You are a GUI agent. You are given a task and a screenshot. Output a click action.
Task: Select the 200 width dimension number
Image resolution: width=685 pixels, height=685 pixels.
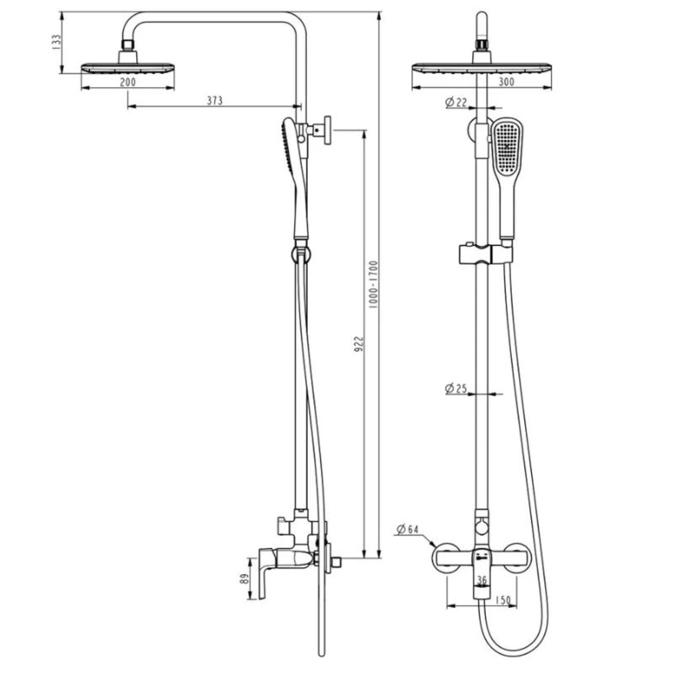tap(128, 82)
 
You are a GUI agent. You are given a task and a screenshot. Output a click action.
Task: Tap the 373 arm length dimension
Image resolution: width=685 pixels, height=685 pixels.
tap(214, 100)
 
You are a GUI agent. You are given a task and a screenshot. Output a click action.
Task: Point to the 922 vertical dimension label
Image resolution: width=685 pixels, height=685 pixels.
tap(358, 344)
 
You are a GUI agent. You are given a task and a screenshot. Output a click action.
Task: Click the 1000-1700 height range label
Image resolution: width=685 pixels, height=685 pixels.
tap(373, 285)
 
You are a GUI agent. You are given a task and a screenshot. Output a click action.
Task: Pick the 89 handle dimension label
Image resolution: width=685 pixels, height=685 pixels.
tap(244, 579)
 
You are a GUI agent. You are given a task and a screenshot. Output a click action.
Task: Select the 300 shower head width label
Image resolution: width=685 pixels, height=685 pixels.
tap(506, 81)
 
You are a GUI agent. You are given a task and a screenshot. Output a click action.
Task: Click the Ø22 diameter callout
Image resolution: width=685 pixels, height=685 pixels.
tap(456, 102)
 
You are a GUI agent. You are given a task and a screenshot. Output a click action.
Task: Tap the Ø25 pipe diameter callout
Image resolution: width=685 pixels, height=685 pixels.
tap(456, 389)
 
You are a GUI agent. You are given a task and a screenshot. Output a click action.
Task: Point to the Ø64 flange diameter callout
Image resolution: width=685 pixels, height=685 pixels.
tap(407, 529)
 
